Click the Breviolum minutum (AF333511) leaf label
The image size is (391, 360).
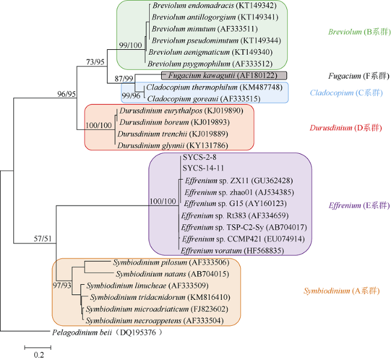tap(205, 29)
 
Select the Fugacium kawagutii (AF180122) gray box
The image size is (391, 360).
tap(224, 76)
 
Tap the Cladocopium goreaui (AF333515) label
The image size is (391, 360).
tap(204, 99)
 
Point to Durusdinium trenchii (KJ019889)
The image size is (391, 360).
tap(173, 134)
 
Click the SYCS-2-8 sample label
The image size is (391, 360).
tap(200, 157)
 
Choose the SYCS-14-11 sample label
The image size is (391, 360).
tap(203, 168)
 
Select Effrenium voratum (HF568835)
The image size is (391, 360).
tap(232, 251)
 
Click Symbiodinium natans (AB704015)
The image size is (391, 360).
tap(172, 274)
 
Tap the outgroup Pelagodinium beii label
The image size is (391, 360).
tap(107, 332)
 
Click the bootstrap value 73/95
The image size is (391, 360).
tap(95, 62)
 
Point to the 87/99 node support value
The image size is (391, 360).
tap(124, 79)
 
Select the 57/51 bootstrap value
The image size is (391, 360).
tap(43, 239)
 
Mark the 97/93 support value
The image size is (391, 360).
tap(62, 285)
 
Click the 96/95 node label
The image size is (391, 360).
tap(67, 94)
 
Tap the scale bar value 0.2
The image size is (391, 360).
tap(39, 355)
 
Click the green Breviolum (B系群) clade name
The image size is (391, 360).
tap(359, 32)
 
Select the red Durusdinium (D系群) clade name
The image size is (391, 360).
tap(346, 128)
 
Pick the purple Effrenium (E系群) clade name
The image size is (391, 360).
tap(359, 206)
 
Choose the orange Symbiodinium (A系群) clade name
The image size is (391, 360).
tap(342, 291)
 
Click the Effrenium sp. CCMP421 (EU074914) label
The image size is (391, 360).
tap(244, 239)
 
